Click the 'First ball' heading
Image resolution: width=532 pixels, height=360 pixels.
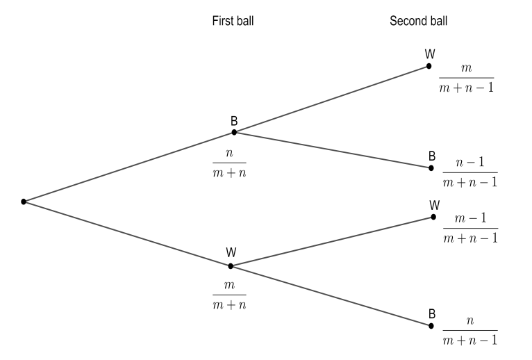click(233, 21)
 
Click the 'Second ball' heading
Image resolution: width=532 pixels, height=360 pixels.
click(418, 21)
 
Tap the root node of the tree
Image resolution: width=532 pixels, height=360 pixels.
click(24, 202)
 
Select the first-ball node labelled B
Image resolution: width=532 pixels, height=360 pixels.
click(234, 131)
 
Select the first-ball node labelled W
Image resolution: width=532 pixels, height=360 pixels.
click(231, 265)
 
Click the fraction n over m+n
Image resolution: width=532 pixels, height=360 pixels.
click(230, 163)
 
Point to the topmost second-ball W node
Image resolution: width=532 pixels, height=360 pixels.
click(430, 67)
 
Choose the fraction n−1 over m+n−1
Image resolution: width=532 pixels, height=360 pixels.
click(470, 173)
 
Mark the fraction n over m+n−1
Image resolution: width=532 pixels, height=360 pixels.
click(470, 331)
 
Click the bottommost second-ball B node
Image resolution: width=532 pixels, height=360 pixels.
click(431, 325)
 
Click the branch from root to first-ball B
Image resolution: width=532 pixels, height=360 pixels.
click(128, 167)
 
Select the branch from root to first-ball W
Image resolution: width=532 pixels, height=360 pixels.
click(127, 234)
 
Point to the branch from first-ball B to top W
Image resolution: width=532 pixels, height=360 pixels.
click(332, 99)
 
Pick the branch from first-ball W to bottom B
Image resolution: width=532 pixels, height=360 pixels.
click(331, 295)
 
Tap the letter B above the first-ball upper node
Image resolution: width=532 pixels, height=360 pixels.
click(234, 121)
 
